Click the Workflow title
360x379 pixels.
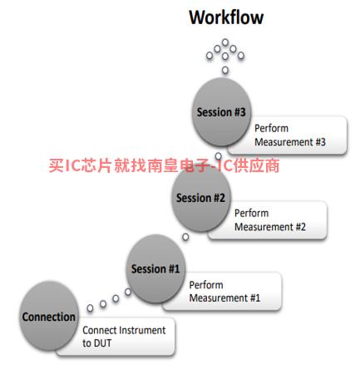(226, 17)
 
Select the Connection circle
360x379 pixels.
(49, 316)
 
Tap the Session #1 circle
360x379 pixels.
(155, 268)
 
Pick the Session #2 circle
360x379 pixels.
(200, 198)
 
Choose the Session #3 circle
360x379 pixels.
(221, 112)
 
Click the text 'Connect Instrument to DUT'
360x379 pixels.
(124, 337)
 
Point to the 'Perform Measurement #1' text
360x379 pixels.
(224, 292)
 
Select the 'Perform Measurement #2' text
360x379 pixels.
(270, 220)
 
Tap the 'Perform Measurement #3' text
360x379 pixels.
(290, 135)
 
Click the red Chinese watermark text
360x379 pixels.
(164, 165)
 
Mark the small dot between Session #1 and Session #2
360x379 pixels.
(185, 237)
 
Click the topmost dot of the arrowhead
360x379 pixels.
(225, 42)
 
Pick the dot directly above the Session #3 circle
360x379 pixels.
(225, 70)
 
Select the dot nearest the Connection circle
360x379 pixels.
(90, 308)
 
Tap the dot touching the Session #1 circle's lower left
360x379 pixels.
(128, 292)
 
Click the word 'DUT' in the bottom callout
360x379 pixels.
(101, 343)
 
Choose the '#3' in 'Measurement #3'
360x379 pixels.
(320, 142)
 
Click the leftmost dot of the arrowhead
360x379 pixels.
(210, 56)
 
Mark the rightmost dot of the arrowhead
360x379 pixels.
(241, 56)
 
